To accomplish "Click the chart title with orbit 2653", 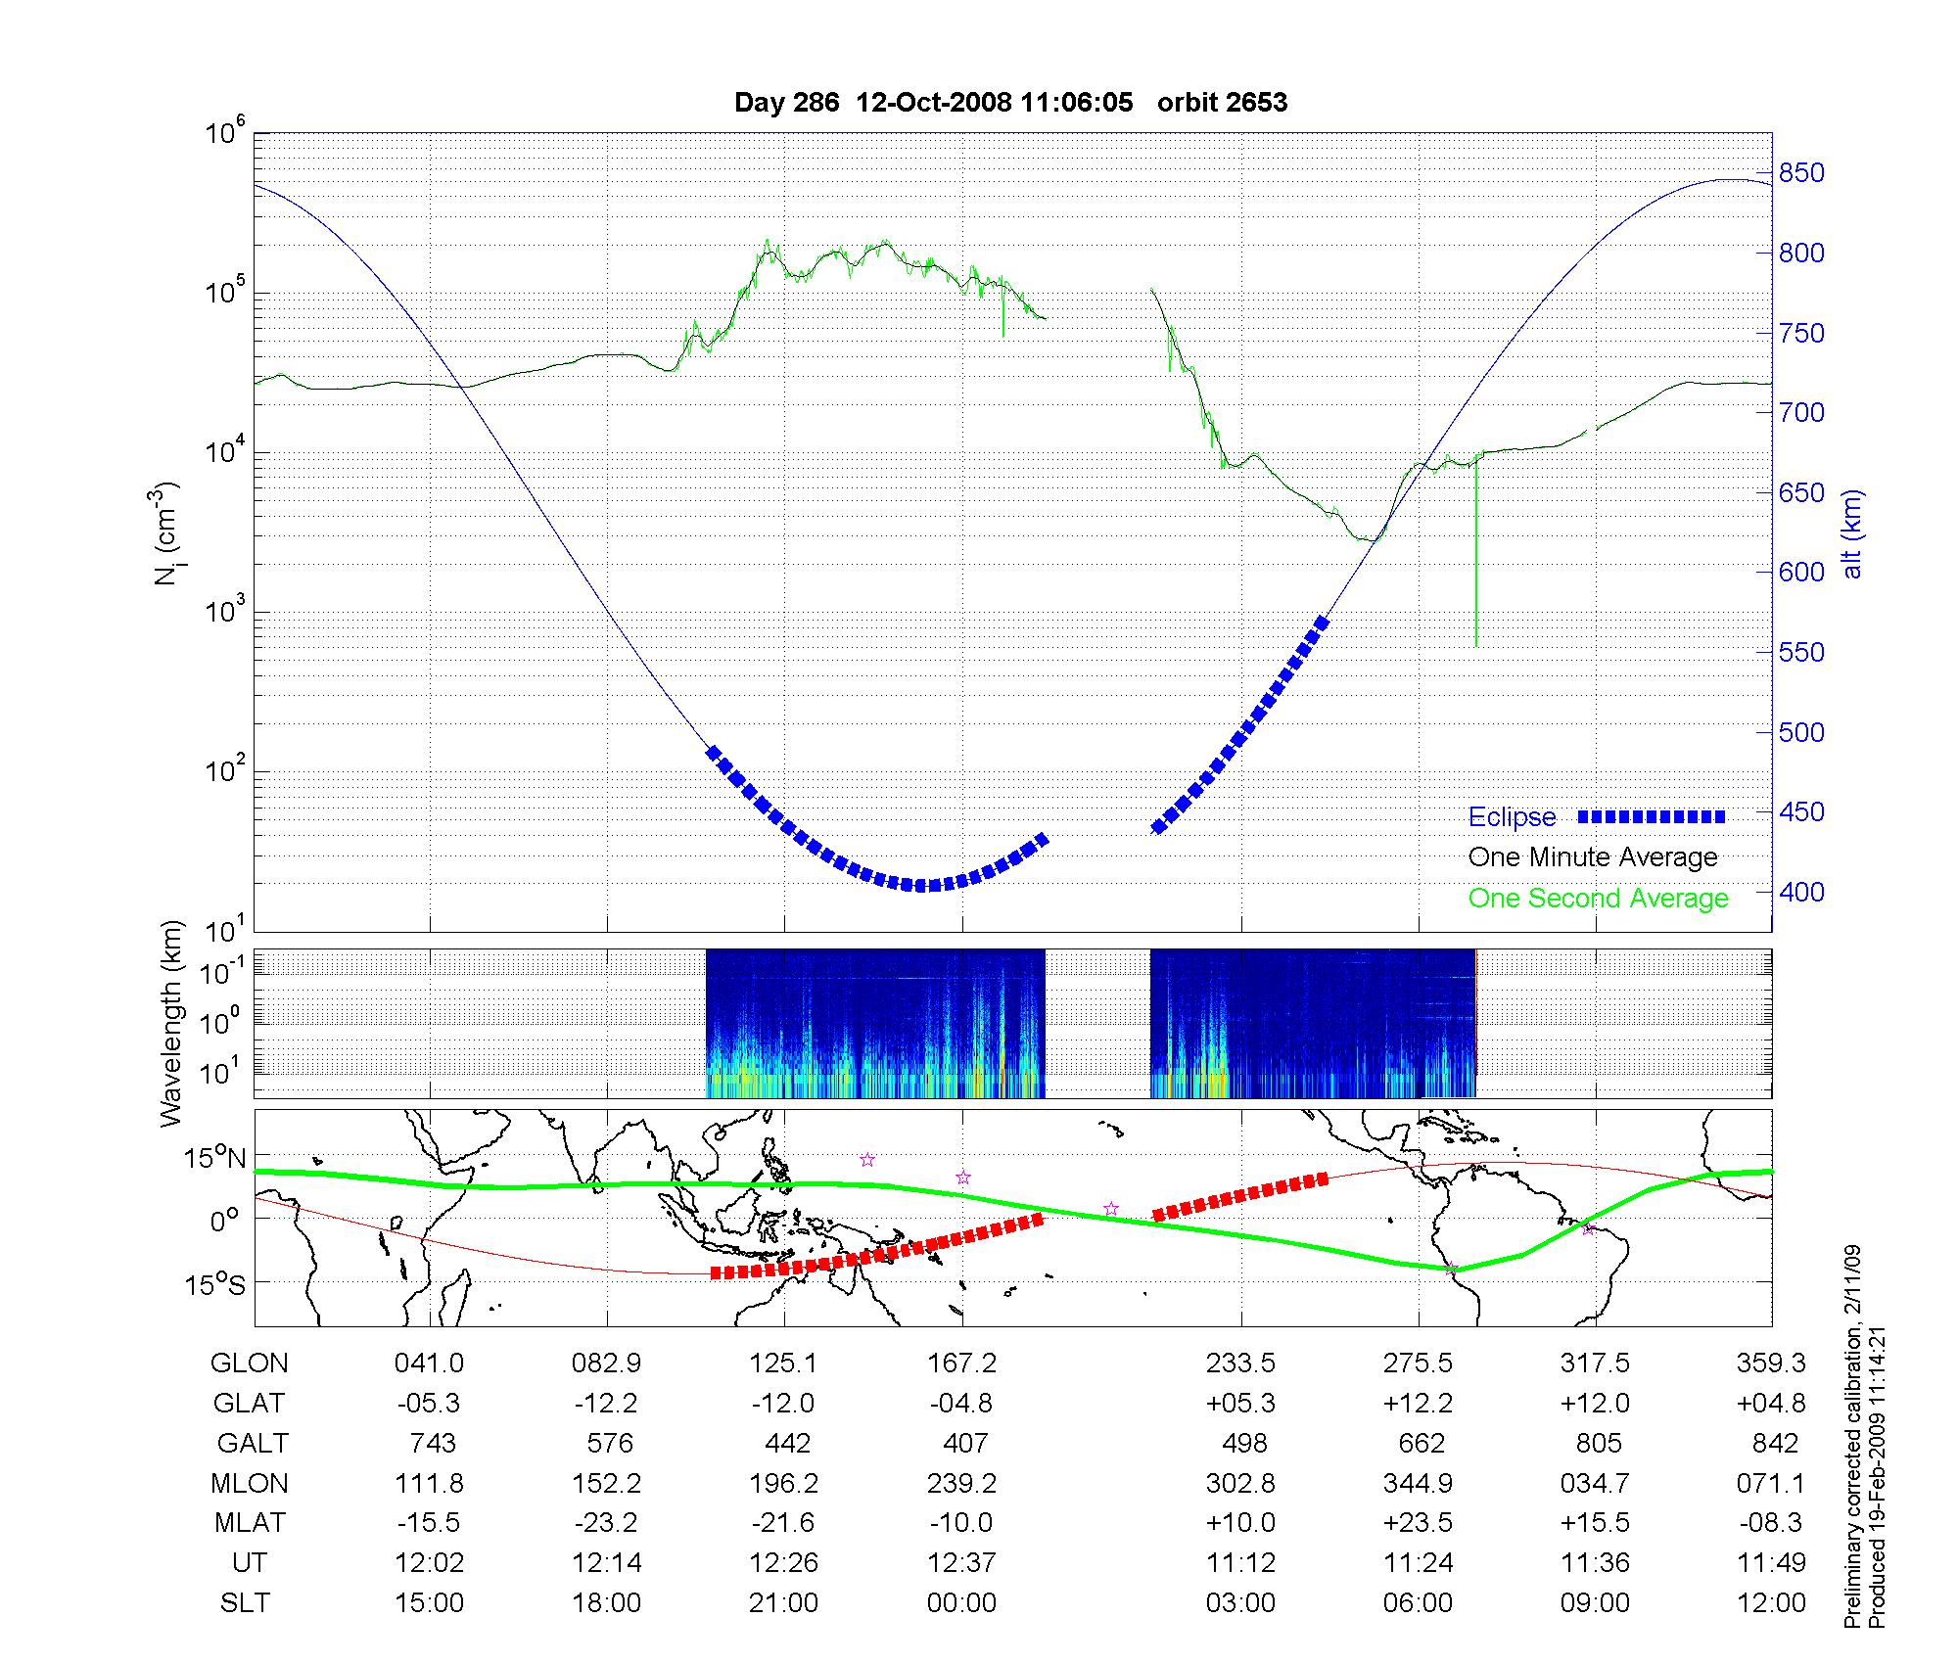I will click(x=1010, y=103).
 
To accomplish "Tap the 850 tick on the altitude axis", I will click(x=1802, y=173).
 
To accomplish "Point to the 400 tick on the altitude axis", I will click(x=1802, y=893).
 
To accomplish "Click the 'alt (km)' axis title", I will click(x=1852, y=533).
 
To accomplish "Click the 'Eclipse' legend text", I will click(x=1512, y=817).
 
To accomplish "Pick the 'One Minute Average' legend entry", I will click(x=1593, y=857).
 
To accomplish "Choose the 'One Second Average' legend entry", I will click(x=1598, y=899).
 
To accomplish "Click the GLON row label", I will click(x=250, y=1364).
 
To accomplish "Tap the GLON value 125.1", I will click(x=783, y=1364).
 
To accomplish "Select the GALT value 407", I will click(x=963, y=1444).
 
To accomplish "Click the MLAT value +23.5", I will click(x=1419, y=1524).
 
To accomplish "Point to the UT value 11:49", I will click(x=1775, y=1563).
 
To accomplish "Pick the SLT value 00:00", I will click(x=961, y=1603).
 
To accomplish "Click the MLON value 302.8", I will click(x=1240, y=1484).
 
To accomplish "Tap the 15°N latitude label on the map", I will click(x=216, y=1159).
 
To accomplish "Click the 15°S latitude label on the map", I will click(x=216, y=1284).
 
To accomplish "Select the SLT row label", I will click(x=245, y=1603).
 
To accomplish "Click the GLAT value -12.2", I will click(x=606, y=1404).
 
